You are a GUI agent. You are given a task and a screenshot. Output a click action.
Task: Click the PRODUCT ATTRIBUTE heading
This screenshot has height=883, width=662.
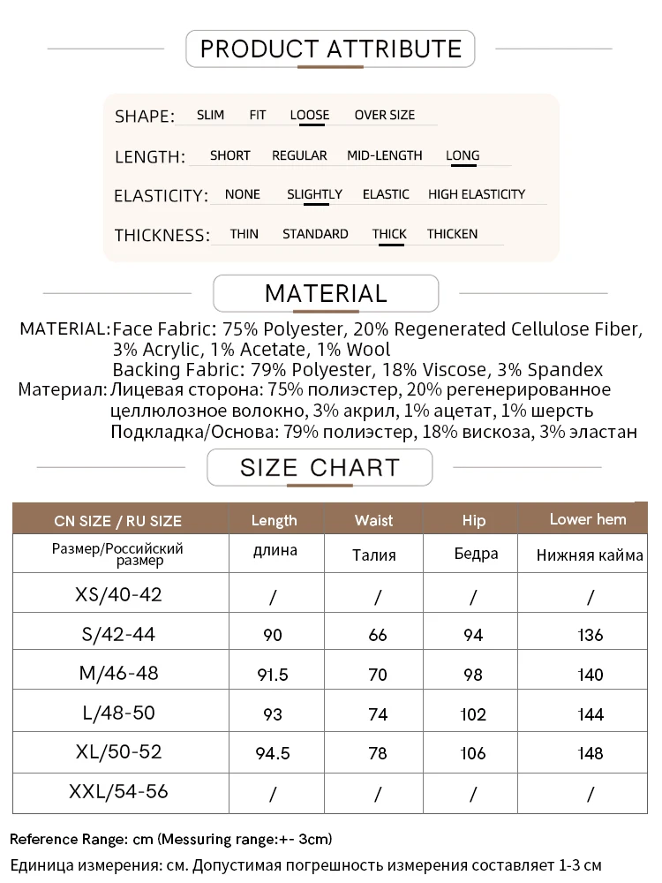330,49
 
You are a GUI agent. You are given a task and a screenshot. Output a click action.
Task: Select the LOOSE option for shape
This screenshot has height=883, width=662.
310,115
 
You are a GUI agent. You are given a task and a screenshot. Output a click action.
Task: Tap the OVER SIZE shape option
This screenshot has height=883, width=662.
384,115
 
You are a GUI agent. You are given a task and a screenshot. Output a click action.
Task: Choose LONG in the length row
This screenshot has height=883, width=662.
463,155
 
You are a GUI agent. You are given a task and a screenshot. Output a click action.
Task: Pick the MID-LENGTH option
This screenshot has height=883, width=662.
385,155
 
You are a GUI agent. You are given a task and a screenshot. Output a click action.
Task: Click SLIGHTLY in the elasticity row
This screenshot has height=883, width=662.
314,194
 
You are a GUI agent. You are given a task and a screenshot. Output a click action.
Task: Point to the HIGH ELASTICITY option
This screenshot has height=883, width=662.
477,194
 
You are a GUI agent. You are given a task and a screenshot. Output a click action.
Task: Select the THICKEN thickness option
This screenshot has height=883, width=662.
452,234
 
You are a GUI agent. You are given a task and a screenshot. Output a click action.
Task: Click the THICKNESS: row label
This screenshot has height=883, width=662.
162,235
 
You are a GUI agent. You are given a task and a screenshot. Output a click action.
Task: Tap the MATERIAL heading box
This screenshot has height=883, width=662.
326,293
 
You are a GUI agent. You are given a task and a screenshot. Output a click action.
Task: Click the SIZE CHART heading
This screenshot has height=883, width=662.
320,467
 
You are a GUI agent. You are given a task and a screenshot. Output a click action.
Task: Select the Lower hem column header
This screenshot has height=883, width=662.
588,519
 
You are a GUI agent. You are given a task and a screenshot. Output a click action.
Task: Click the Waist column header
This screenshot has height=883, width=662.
373,520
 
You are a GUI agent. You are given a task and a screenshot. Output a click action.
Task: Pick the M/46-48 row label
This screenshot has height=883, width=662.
119,673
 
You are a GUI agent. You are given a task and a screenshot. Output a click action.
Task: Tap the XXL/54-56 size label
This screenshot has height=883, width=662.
119,791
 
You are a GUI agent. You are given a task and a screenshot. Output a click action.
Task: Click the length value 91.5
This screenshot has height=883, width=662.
273,675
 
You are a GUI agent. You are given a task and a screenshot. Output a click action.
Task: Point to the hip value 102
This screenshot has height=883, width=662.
473,714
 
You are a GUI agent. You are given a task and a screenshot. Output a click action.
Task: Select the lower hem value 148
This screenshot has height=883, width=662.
590,753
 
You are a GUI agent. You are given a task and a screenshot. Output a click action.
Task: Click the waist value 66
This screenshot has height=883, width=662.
378,635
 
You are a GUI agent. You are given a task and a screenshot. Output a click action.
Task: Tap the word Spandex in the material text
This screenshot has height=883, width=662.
572,370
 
